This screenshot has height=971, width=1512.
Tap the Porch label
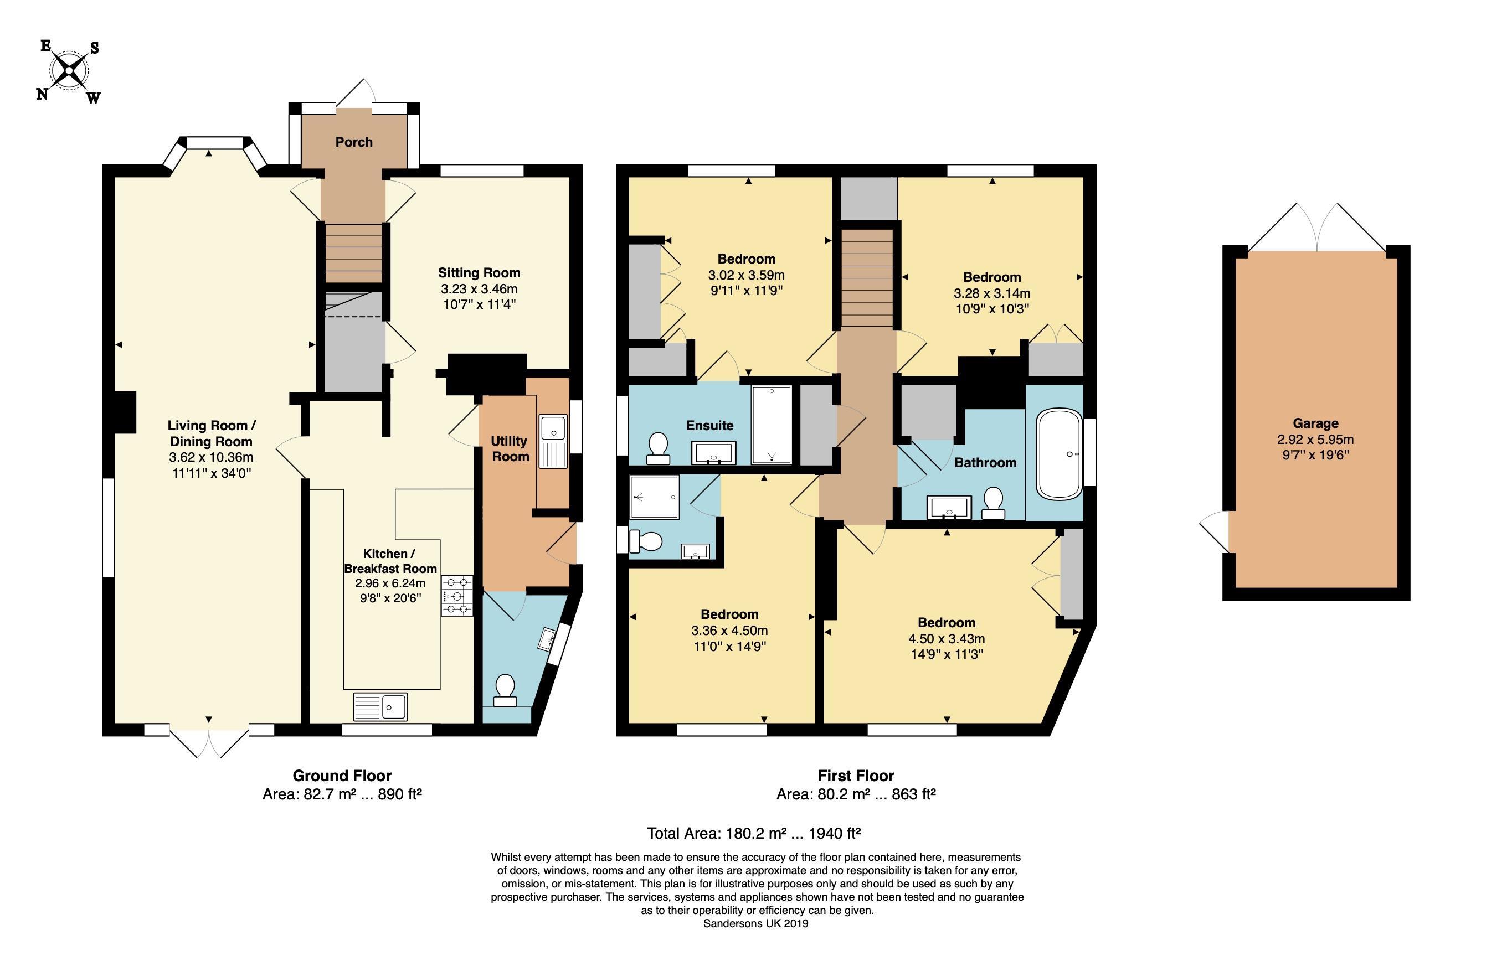(x=354, y=142)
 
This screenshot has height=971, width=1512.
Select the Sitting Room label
(x=480, y=272)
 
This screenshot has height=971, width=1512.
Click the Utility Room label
(x=510, y=448)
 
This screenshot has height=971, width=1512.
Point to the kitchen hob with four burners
(x=457, y=595)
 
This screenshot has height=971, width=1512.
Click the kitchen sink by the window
(x=380, y=706)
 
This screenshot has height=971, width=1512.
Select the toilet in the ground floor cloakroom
(x=505, y=690)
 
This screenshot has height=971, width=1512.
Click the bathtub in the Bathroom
(x=1059, y=454)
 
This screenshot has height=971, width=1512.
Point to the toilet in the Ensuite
(x=659, y=448)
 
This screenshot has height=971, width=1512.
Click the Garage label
(x=1315, y=423)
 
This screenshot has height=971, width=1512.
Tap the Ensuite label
(x=709, y=426)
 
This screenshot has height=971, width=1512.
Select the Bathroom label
(x=985, y=463)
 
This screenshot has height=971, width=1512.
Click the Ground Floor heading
(x=342, y=776)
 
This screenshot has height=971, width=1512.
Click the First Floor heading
(x=856, y=776)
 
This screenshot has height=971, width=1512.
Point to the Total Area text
(x=754, y=834)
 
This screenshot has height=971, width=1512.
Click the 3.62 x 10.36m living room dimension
(x=212, y=457)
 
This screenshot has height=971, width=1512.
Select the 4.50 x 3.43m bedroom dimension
(x=946, y=639)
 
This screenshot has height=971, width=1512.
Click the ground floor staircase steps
(x=354, y=254)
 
